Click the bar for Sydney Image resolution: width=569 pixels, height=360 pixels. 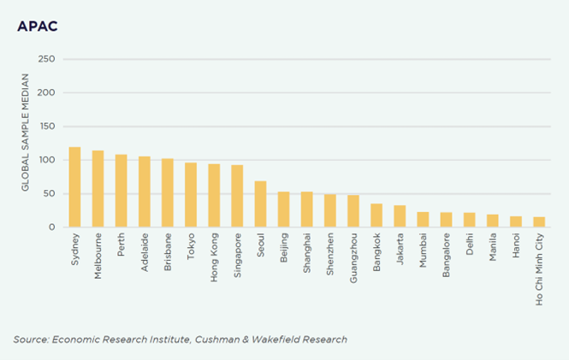point(74,187)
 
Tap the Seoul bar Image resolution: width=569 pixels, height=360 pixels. point(260,204)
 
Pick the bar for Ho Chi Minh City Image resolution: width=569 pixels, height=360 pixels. point(539,222)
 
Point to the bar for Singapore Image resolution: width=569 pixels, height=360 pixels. point(237,196)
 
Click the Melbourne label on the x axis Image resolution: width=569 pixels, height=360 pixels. point(98,256)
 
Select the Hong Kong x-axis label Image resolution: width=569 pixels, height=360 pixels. point(214,257)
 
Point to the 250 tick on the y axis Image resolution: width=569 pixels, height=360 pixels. point(46,59)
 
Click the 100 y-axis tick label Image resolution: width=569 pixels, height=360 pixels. point(46,160)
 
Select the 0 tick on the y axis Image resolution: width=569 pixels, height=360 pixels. point(52,227)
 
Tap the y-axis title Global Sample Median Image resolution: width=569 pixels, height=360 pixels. point(26,143)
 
